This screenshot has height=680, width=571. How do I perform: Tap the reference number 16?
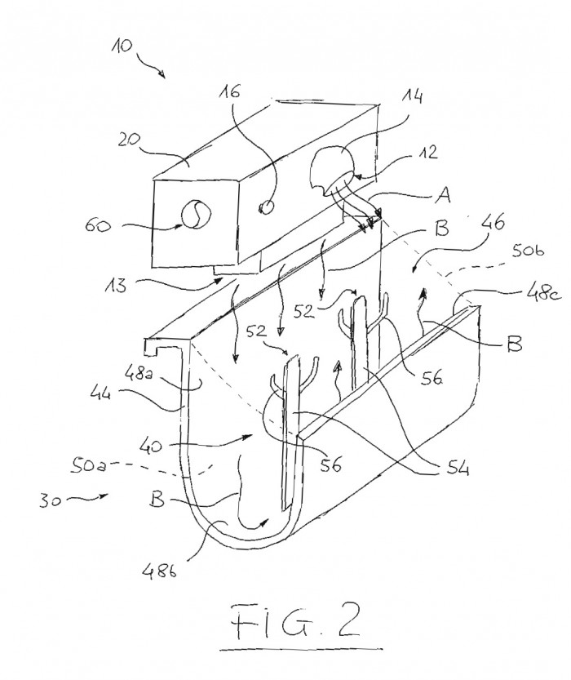point(229,91)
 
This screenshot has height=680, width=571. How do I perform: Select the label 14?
point(412,97)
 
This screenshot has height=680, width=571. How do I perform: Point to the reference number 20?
point(129,140)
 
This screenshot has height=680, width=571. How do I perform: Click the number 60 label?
point(97,225)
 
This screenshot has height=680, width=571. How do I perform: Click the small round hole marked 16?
point(267,207)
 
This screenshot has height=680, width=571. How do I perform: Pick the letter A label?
point(442,197)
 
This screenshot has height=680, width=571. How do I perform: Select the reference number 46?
point(494,223)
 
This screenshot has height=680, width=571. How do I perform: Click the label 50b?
point(528,251)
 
